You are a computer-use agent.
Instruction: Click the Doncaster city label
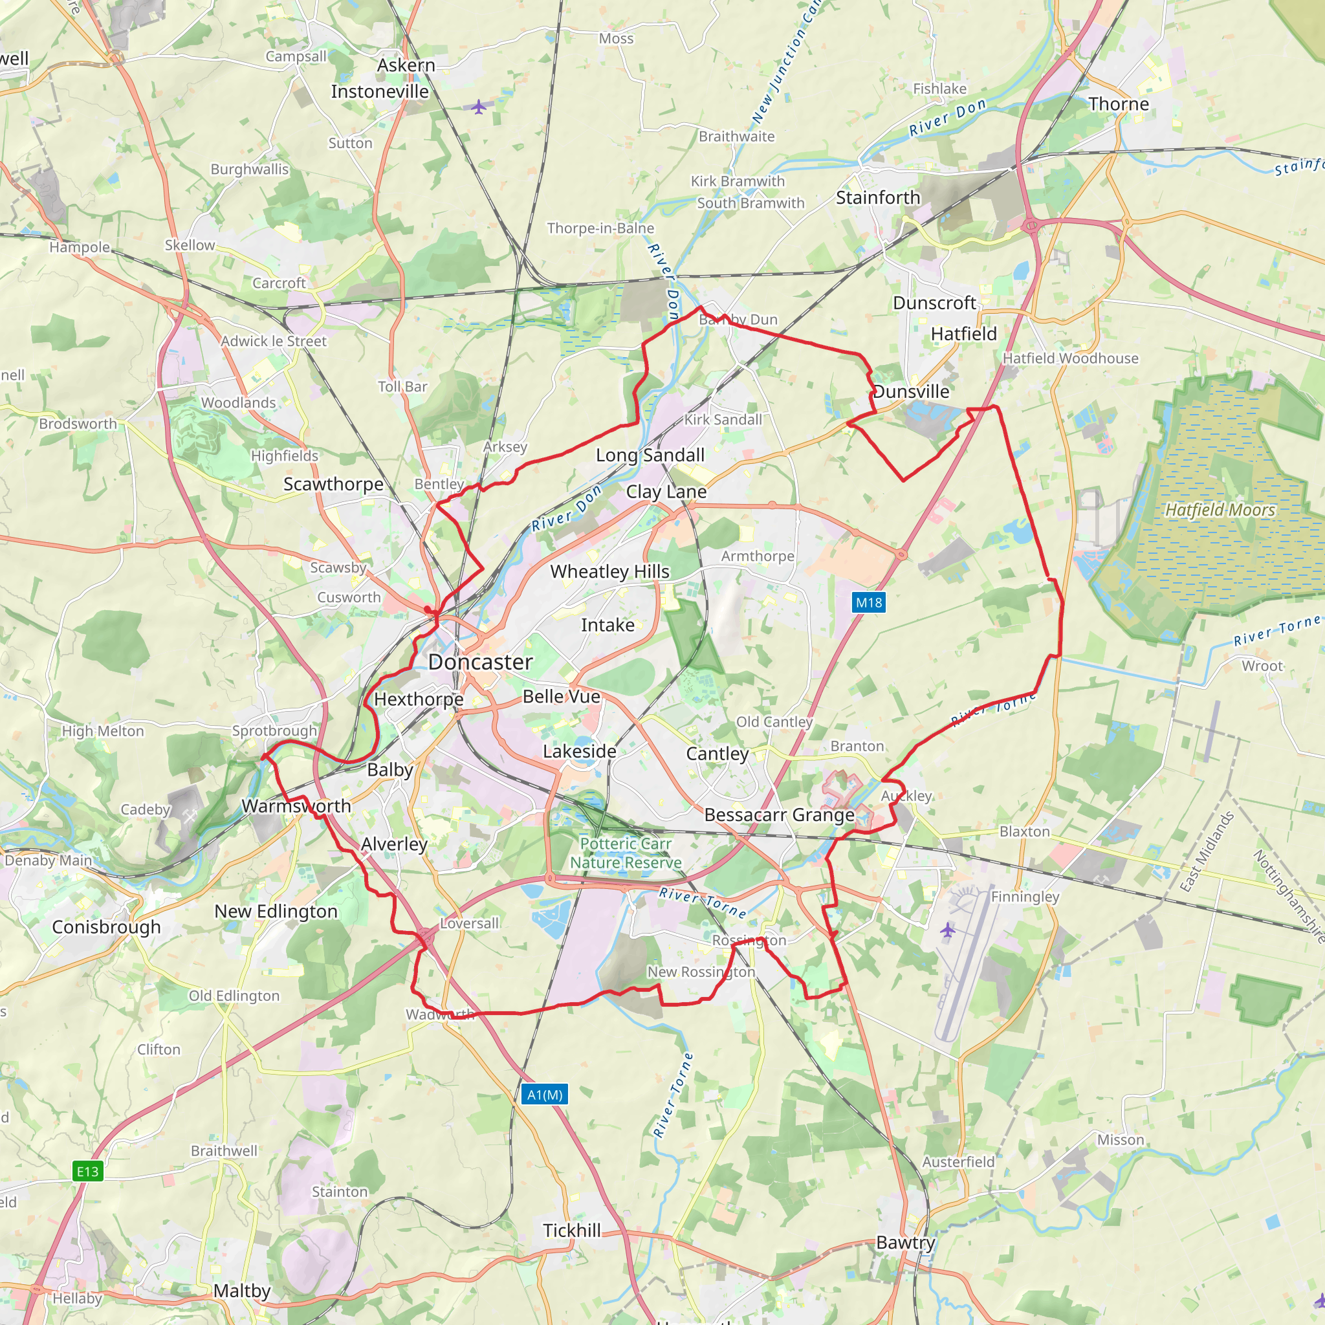(x=480, y=662)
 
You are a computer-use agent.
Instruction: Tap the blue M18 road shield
(x=868, y=603)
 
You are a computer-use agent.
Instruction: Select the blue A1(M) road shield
(x=545, y=1095)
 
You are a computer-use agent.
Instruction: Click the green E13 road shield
(x=88, y=1170)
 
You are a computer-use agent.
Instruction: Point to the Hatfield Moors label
(x=1220, y=510)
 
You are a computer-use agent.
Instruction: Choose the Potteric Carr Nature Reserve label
(x=626, y=853)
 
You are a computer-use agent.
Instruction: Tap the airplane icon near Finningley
(x=947, y=930)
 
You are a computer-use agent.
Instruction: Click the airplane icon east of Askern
(x=479, y=107)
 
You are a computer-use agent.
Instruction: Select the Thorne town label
(x=1119, y=104)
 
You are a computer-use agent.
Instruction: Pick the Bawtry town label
(x=905, y=1243)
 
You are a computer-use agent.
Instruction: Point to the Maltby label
(x=241, y=1291)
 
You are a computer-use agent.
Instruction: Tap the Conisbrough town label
(x=106, y=926)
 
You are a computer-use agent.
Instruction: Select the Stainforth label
(x=878, y=197)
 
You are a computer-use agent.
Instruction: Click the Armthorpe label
(x=757, y=556)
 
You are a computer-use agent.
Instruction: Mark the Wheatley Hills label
(x=609, y=571)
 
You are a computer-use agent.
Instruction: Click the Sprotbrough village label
(x=274, y=730)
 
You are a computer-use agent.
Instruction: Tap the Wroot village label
(x=1262, y=666)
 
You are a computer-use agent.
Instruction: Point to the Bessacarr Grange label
(x=779, y=815)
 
